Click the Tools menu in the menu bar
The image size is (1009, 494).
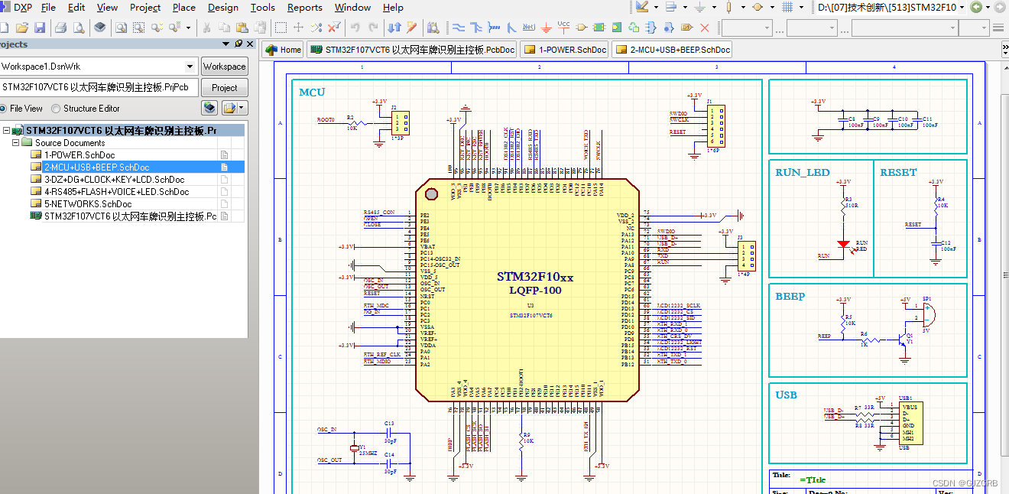(x=262, y=8)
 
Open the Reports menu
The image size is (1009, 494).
(x=304, y=8)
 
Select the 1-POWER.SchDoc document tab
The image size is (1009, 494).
(x=565, y=50)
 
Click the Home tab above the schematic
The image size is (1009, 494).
(x=283, y=50)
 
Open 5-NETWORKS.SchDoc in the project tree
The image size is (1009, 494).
(x=87, y=204)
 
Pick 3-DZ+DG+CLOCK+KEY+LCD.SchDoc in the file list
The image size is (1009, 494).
(x=114, y=180)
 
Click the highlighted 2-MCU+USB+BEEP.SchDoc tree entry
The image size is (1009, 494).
(x=96, y=167)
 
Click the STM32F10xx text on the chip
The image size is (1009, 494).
(x=534, y=277)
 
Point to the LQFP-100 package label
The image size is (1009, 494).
(x=535, y=291)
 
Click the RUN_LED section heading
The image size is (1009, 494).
(x=802, y=173)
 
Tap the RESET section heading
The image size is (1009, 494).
(x=898, y=173)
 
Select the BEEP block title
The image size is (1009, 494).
(x=790, y=297)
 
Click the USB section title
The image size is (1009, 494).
(x=786, y=395)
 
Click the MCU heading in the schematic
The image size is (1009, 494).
(x=312, y=93)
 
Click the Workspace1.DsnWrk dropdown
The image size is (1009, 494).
(x=98, y=67)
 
